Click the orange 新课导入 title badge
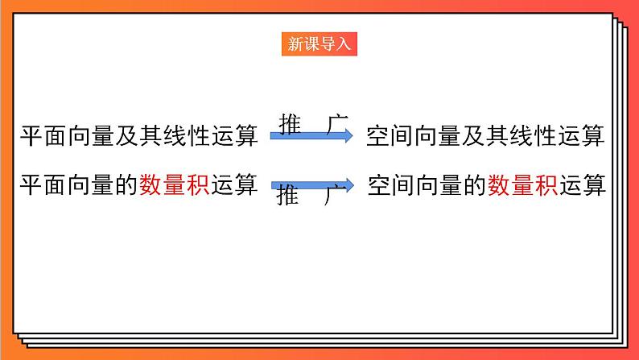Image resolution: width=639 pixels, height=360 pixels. [x=319, y=44]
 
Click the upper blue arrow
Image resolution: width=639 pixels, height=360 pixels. [x=311, y=137]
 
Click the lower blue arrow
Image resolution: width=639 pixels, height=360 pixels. [x=311, y=184]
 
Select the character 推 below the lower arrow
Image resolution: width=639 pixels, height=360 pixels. [x=287, y=197]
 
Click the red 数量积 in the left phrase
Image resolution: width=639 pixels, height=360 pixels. [x=175, y=184]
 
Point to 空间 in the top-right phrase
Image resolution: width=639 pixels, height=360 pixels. [x=390, y=136]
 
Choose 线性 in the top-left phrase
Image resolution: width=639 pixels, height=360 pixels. [x=187, y=136]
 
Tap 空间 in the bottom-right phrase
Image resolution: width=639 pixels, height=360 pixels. [x=391, y=184]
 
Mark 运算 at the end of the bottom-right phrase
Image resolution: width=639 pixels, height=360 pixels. [x=580, y=184]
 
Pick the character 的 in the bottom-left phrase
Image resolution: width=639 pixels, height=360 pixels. [x=127, y=184]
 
